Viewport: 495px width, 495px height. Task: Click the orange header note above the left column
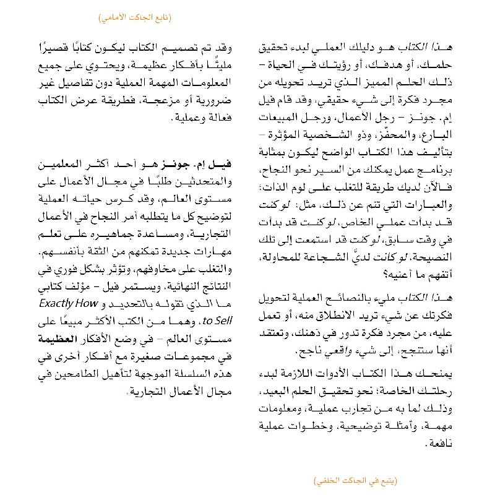(136, 16)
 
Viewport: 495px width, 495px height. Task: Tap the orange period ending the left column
(126, 392)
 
